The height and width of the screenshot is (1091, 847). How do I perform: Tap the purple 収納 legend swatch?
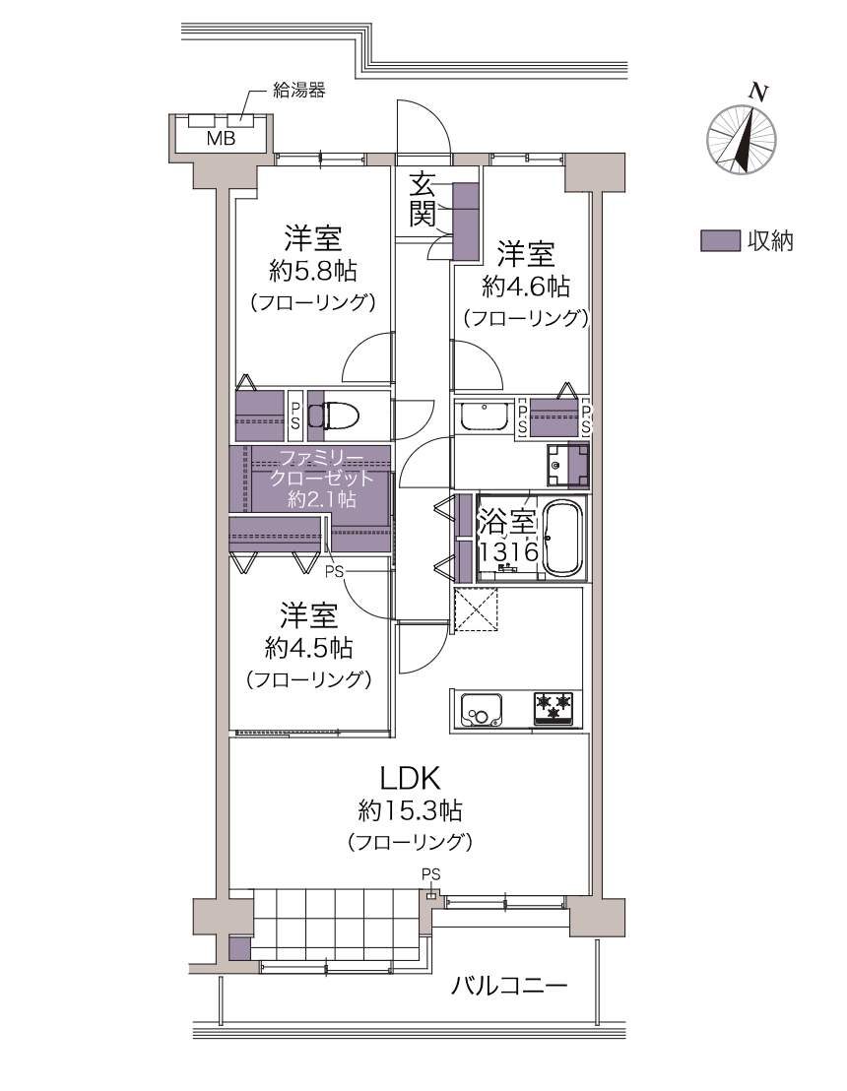[720, 240]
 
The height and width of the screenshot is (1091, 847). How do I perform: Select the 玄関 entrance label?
[422, 200]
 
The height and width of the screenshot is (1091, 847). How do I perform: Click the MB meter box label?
[222, 138]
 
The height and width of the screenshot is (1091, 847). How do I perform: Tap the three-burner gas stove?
[554, 709]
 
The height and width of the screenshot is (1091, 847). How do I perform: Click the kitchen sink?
[481, 710]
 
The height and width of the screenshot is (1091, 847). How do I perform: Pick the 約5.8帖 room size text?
[313, 271]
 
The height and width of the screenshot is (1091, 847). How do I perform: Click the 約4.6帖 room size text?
[526, 286]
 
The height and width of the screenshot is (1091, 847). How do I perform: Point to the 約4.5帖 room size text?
[308, 648]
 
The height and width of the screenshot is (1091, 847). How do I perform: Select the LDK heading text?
[410, 777]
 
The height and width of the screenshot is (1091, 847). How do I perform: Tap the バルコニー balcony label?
[509, 986]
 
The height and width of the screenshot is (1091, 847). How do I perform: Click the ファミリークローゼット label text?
[321, 468]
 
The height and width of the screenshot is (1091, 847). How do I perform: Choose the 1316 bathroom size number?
[508, 551]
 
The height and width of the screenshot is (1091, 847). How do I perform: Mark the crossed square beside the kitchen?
[476, 609]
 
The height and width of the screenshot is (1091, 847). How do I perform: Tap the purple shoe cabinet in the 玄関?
[466, 222]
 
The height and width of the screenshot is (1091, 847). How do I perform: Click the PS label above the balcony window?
[431, 874]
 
